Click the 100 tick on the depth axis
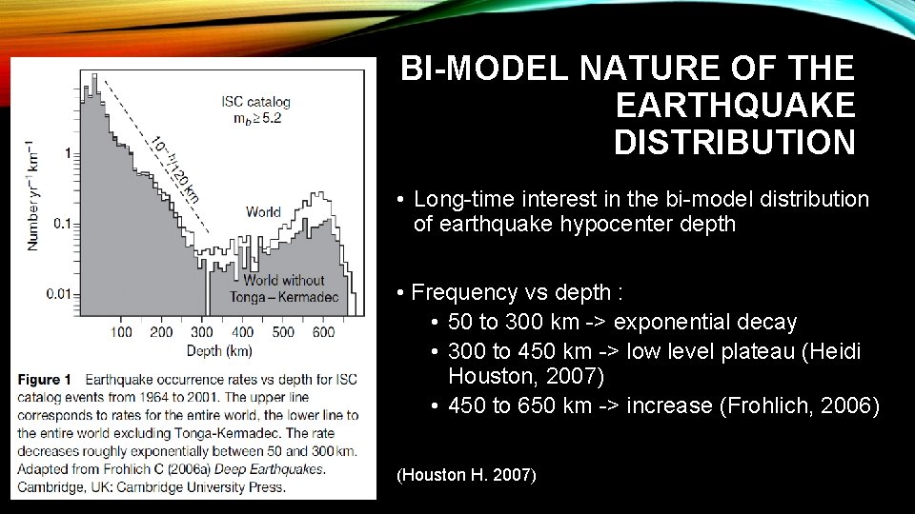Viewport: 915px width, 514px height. tap(121, 332)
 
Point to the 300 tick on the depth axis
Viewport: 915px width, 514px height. tap(202, 332)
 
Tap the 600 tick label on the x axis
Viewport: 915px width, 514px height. tap(323, 332)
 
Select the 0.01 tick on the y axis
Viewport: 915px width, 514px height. tap(59, 293)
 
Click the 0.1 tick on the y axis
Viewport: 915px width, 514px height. tap(63, 224)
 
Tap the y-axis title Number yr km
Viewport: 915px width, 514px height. tap(33, 196)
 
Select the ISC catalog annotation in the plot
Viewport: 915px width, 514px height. tap(255, 101)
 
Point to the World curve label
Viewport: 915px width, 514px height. tap(263, 211)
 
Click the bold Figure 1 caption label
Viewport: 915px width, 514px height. tap(44, 379)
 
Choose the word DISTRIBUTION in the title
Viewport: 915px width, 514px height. tap(734, 143)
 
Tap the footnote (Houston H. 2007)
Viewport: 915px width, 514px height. tap(467, 474)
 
